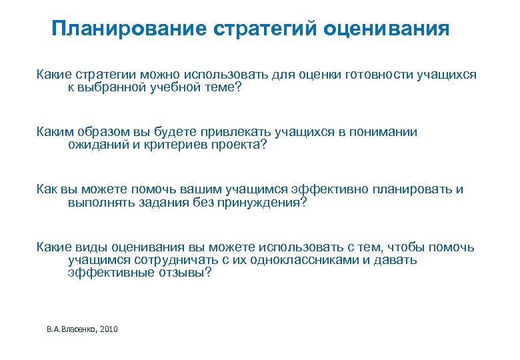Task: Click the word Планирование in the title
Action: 127,29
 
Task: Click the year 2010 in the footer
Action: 107,329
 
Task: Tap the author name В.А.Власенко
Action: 71,329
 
